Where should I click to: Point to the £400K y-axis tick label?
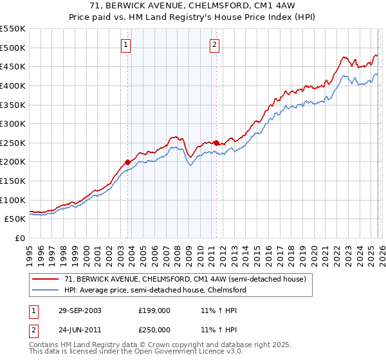[x=13, y=85]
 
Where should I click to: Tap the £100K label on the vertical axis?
[x=13, y=200]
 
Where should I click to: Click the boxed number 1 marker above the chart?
[x=125, y=44]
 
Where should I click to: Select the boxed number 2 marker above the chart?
[x=214, y=44]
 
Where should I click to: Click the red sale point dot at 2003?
[x=128, y=162]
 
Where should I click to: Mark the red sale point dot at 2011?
[x=216, y=143]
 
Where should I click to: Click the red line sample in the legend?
[x=46, y=280]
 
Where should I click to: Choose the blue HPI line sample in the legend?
[x=46, y=290]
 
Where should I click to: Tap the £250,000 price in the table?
[x=154, y=330]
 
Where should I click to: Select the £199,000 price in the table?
[x=154, y=310]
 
